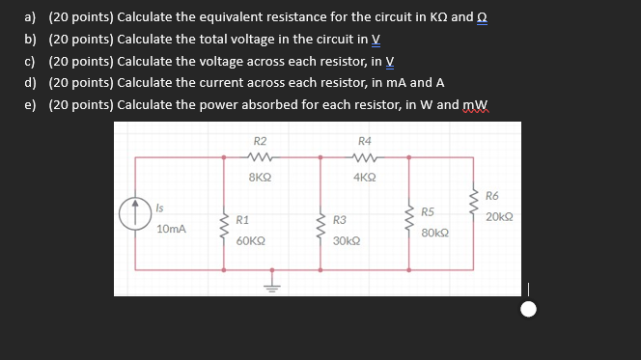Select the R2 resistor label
pyautogui.click(x=260, y=141)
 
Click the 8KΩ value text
pyautogui.click(x=260, y=178)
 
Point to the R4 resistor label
pyautogui.click(x=365, y=141)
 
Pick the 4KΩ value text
pyautogui.click(x=365, y=178)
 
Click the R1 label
pyautogui.click(x=243, y=220)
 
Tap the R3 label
pyautogui.click(x=339, y=220)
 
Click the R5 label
pyautogui.click(x=428, y=211)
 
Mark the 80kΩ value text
pyautogui.click(x=434, y=233)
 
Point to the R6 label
pyautogui.click(x=492, y=196)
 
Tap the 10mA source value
pyautogui.click(x=171, y=229)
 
